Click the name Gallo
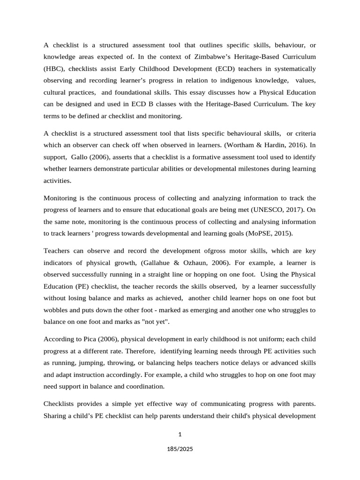[x=81, y=157]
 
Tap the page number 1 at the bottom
[x=180, y=434]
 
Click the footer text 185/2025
[x=180, y=449]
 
